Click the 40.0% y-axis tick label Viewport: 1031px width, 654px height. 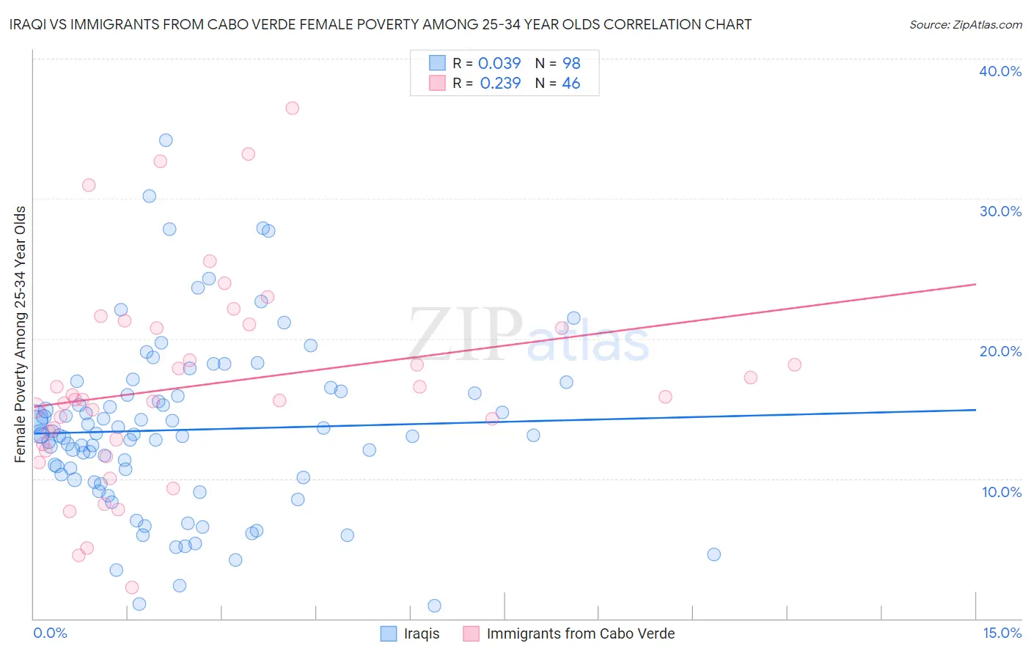point(1000,71)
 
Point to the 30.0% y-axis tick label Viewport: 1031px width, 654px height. point(1000,211)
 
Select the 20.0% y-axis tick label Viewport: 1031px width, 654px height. point(1000,351)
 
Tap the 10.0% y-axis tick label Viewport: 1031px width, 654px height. point(1002,492)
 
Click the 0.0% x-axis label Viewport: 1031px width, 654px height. point(50,633)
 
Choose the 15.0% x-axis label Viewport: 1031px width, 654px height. point(1002,633)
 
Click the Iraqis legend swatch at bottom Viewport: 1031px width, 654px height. point(389,633)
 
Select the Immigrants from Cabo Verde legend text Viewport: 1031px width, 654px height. point(580,633)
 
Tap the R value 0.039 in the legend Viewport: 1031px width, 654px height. point(499,64)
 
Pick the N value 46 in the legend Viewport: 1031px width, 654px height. point(570,84)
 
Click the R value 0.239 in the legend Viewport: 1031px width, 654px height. point(500,84)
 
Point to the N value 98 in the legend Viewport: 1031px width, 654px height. point(571,64)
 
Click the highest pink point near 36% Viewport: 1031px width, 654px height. point(292,108)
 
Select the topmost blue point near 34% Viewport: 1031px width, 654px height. point(166,140)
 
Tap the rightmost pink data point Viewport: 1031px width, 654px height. point(794,364)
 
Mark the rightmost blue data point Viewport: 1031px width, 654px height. point(713,554)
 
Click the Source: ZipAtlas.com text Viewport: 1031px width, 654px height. point(965,25)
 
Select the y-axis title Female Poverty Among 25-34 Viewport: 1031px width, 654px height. point(21,334)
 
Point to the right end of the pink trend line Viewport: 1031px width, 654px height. point(975,284)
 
